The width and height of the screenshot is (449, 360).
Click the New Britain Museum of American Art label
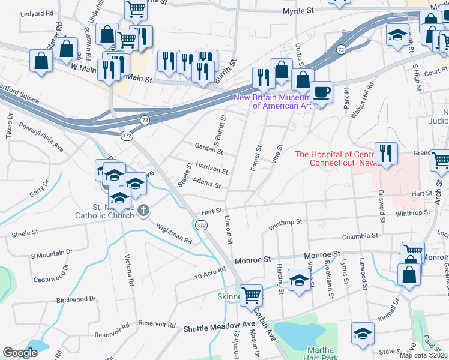coord(273,101)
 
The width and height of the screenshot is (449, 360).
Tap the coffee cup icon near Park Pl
coord(321,92)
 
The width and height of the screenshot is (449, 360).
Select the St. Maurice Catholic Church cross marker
coord(143,210)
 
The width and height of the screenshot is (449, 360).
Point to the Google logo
coord(20,352)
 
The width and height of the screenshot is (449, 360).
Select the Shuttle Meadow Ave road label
coord(220,328)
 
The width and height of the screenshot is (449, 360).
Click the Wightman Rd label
coord(174,235)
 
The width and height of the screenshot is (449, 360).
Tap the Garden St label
coord(209,149)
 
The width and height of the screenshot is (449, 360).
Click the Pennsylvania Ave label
coord(41,136)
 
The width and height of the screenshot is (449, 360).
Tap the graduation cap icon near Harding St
coord(298,280)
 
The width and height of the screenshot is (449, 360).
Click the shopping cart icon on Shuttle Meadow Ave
coord(252,295)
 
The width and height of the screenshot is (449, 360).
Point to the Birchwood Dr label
coord(76,299)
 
